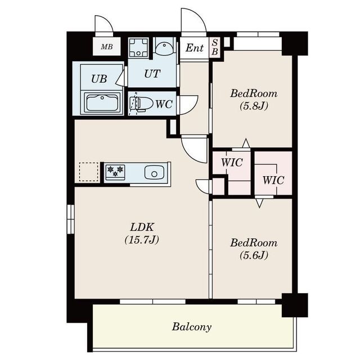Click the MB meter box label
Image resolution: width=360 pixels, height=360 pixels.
pyautogui.click(x=107, y=47)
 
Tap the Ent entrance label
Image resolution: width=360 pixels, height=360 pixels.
pyautogui.click(x=195, y=48)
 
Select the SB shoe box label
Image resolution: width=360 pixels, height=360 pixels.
pyautogui.click(x=215, y=47)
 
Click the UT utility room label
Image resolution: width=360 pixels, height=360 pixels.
pyautogui.click(x=152, y=74)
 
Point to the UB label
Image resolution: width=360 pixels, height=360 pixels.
pyautogui.click(x=99, y=79)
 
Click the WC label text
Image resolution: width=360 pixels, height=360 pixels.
pyautogui.click(x=164, y=104)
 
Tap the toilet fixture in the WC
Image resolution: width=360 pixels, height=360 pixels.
pyautogui.click(x=141, y=104)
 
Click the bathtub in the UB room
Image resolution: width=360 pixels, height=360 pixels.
pyautogui.click(x=102, y=102)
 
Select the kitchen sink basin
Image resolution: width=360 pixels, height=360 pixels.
pyautogui.click(x=154, y=173)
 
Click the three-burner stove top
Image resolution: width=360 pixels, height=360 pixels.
pyautogui.click(x=115, y=172)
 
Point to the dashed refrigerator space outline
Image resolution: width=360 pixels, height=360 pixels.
pyautogui.click(x=88, y=172)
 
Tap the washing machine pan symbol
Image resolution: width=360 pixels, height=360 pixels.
pyautogui.click(x=138, y=47)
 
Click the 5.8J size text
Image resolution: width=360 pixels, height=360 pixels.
pyautogui.click(x=254, y=106)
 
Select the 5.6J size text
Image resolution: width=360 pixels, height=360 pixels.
pyautogui.click(x=254, y=255)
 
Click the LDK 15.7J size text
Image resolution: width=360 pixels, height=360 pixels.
pyautogui.click(x=142, y=240)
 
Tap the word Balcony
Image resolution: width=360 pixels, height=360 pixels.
pyautogui.click(x=192, y=327)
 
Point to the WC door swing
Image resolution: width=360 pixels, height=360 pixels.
pyautogui.click(x=192, y=107)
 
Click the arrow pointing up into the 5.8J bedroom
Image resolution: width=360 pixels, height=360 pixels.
pyautogui.click(x=246, y=143)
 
